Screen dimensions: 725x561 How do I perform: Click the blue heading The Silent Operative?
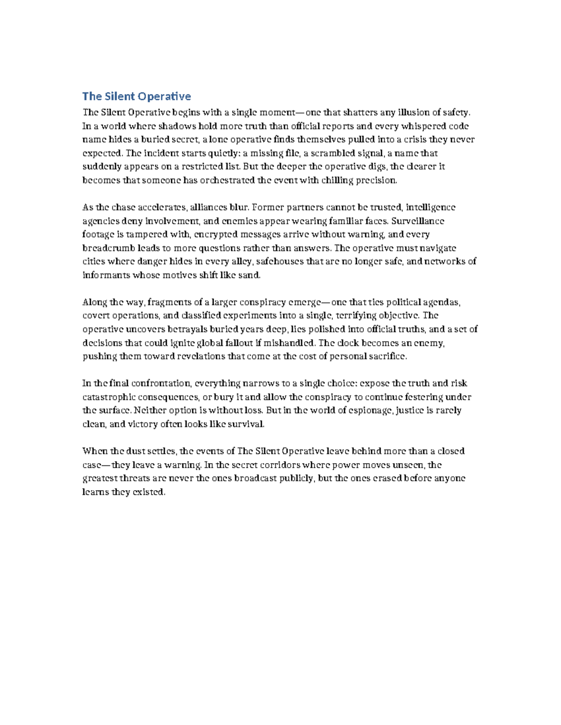pos(137,97)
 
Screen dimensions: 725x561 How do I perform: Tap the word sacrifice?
pos(388,356)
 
